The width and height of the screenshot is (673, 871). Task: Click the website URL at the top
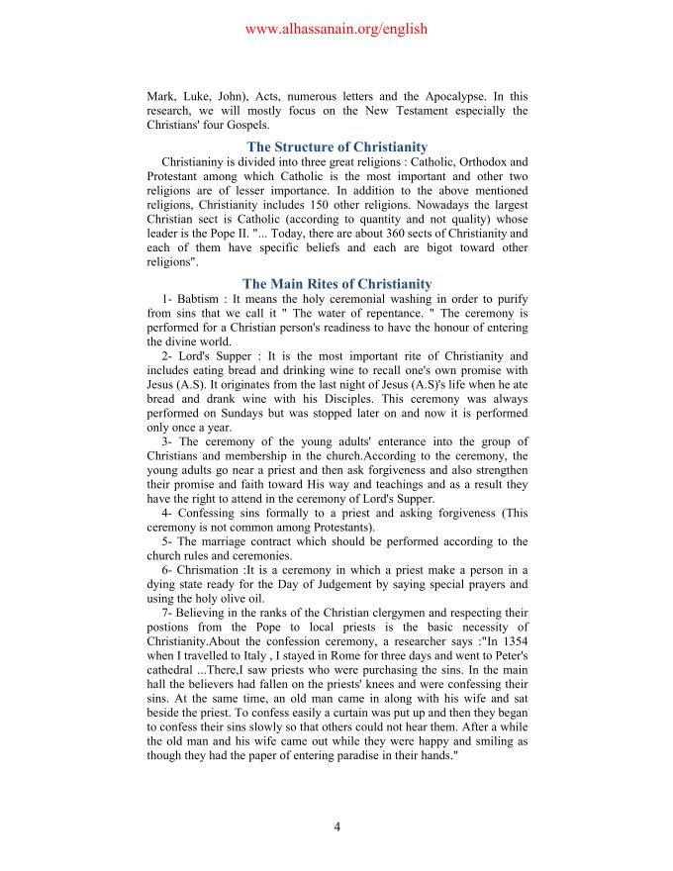click(x=336, y=29)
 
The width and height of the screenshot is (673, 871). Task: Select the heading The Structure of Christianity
click(x=336, y=147)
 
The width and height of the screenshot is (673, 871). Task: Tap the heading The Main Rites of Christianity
click(x=336, y=284)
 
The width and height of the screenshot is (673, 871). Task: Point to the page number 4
click(x=336, y=827)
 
